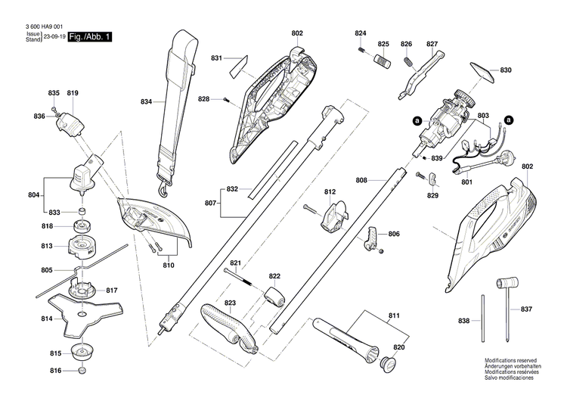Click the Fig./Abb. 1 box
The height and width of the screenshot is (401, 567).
pyautogui.click(x=89, y=36)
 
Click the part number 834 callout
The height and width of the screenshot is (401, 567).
pyautogui.click(x=147, y=101)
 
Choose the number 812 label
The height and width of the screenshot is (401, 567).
pyautogui.click(x=330, y=193)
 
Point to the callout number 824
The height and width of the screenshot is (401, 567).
pyautogui.click(x=360, y=33)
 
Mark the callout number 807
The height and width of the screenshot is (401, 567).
pyautogui.click(x=211, y=203)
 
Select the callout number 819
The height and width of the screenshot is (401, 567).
pyautogui.click(x=73, y=93)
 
